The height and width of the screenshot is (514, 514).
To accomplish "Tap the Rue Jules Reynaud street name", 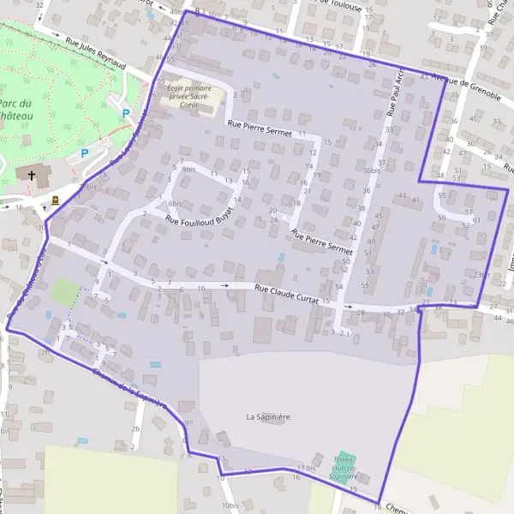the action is (95, 53).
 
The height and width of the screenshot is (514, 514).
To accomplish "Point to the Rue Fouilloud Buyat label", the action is (200, 221).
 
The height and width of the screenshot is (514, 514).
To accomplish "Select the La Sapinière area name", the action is (268, 417).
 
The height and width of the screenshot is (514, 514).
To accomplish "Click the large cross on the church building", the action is (33, 175).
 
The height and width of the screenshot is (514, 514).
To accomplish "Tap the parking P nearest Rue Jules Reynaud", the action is (125, 113).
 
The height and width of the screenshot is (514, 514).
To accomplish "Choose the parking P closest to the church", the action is (84, 153).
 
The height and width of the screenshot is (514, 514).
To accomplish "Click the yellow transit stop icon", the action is (56, 200).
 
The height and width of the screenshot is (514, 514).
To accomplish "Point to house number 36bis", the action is (371, 170).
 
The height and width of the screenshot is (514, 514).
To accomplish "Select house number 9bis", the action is (189, 170).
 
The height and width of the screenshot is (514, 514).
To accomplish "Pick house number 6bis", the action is (175, 203).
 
